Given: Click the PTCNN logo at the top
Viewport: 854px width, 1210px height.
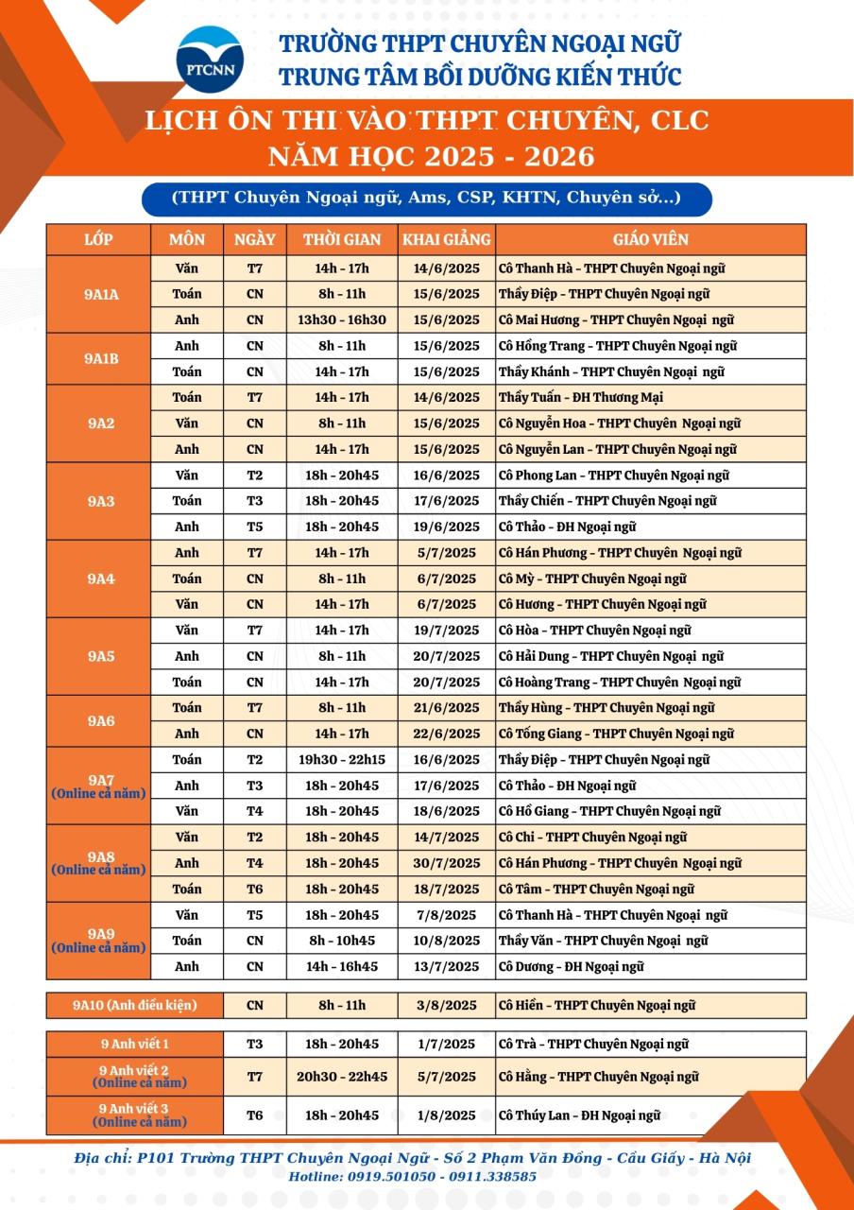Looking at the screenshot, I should tap(210, 60).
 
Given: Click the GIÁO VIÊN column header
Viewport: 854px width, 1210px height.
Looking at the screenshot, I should tap(651, 239).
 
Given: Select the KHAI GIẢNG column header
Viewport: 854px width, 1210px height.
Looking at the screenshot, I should tap(447, 239).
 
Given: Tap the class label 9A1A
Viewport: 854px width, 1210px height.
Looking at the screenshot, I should tap(100, 294).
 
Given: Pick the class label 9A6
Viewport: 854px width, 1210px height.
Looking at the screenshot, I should tap(100, 720).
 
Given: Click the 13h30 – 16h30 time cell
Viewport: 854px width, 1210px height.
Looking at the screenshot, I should tap(342, 320).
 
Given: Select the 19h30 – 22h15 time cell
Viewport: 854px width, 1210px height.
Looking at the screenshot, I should tap(342, 759).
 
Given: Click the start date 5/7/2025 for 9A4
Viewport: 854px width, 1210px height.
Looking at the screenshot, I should tap(446, 552).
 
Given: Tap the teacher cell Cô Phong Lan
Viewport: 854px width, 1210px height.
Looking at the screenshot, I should tap(614, 475).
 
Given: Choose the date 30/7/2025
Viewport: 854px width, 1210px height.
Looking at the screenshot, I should tap(446, 863).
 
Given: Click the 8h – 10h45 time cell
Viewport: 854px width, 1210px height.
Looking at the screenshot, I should tap(342, 941).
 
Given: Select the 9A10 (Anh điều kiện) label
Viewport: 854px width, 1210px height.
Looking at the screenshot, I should tap(134, 1005).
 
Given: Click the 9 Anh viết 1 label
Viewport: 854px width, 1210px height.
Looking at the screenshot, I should tap(134, 1044).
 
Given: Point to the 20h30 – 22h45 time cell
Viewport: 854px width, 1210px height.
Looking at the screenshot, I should tap(342, 1076).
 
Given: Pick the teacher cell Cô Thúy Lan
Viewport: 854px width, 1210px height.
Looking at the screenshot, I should tap(579, 1115).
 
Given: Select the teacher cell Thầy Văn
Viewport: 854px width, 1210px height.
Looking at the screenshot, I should tap(604, 941).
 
